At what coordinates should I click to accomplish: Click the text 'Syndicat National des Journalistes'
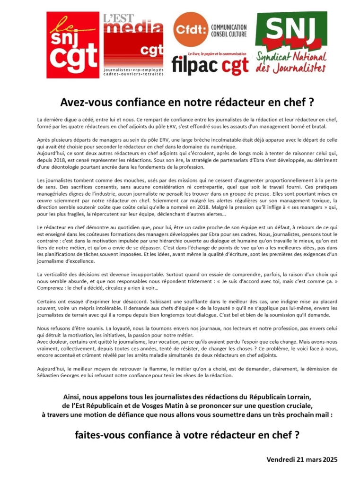click(290, 62)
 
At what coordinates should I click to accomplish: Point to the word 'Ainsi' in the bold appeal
click(72, 396)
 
